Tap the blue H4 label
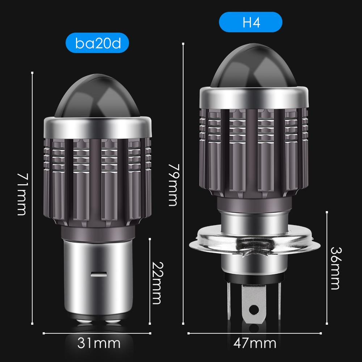tap(251, 23)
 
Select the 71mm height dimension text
tap(22, 194)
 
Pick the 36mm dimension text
tap(336, 268)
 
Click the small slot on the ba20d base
tap(97, 274)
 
